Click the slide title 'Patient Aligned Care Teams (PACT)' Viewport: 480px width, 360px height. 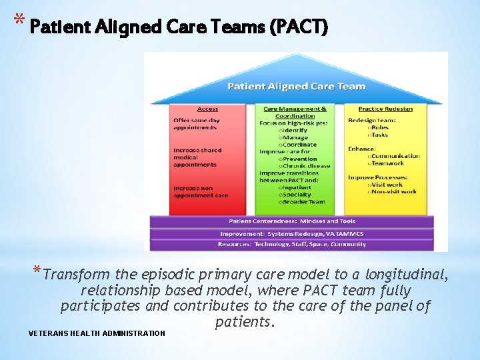(x=179, y=28)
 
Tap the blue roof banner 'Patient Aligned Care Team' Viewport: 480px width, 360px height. (x=297, y=86)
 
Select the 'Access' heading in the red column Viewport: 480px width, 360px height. (x=207, y=109)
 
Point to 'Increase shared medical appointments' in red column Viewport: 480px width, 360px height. (x=198, y=157)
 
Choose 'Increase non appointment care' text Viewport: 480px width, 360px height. (x=201, y=192)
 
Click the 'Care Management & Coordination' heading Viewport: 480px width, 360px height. (x=295, y=111)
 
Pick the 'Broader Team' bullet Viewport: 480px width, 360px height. (x=304, y=201)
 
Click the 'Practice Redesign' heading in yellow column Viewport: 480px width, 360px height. (x=385, y=109)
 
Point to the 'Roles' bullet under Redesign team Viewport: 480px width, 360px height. (x=381, y=127)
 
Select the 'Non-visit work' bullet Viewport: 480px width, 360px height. (x=394, y=191)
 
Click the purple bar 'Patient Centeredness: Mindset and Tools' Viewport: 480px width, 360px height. (x=292, y=221)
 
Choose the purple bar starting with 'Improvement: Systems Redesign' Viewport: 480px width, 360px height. (x=292, y=233)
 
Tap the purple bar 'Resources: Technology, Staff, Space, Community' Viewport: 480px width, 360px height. (x=292, y=245)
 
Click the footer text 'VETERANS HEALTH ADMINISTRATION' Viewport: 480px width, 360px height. (x=97, y=333)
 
